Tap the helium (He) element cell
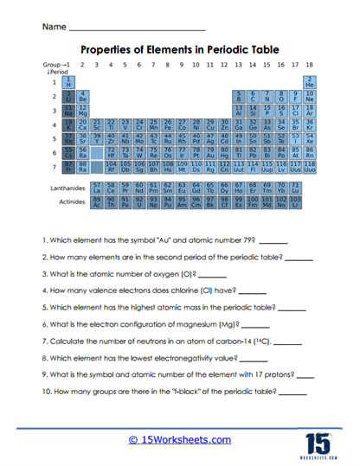coord(309,82)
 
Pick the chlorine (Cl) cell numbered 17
coord(294,111)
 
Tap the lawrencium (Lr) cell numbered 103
coord(294,202)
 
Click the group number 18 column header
coord(309,65)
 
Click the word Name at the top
coord(53,28)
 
